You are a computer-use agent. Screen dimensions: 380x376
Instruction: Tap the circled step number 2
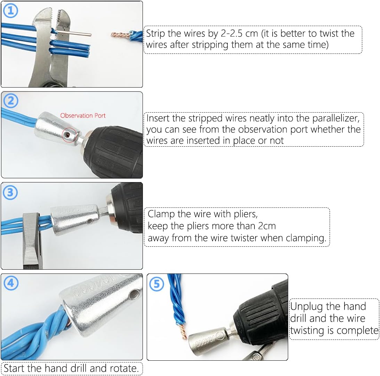pos(11,101)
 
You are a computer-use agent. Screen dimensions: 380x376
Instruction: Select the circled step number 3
pos(10,193)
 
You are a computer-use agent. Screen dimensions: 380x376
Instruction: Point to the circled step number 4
pos(11,283)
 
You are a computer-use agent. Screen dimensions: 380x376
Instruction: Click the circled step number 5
pos(157,284)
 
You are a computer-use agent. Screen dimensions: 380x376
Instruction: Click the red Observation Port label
pos(83,116)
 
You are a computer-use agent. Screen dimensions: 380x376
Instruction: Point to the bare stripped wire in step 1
pos(74,33)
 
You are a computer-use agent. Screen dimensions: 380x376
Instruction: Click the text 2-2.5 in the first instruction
pos(232,33)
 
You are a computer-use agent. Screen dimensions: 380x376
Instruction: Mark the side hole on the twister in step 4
pos(133,295)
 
